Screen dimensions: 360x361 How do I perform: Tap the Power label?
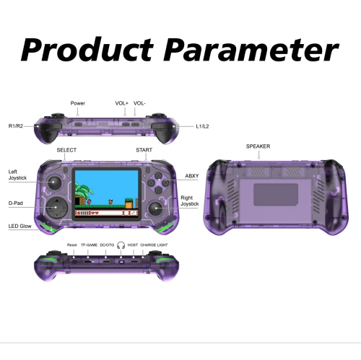[x=77, y=103]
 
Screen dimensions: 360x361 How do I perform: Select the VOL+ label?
[x=121, y=103]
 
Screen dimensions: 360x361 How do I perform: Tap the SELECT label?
[x=66, y=150]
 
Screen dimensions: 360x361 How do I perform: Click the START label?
[x=144, y=150]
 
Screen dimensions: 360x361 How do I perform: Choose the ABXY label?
[x=192, y=175]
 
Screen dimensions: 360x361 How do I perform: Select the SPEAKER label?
[x=258, y=146]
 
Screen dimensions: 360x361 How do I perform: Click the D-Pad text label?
[x=17, y=203]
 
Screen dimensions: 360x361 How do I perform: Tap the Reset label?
[x=72, y=245]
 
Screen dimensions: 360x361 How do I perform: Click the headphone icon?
[x=121, y=245]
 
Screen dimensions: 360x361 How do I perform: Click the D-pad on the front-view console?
[x=56, y=207]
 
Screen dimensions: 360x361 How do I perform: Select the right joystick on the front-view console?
[x=155, y=208]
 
